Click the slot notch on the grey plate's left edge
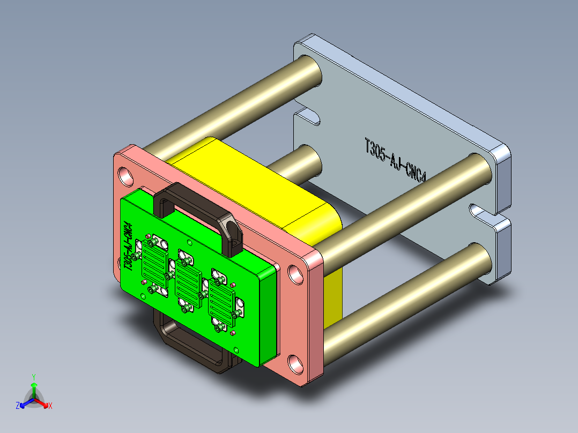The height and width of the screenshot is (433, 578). click(x=308, y=116)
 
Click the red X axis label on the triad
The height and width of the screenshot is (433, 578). click(x=50, y=406)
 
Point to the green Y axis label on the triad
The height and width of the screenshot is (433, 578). click(x=33, y=377)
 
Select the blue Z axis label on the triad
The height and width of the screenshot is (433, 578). click(x=18, y=406)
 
